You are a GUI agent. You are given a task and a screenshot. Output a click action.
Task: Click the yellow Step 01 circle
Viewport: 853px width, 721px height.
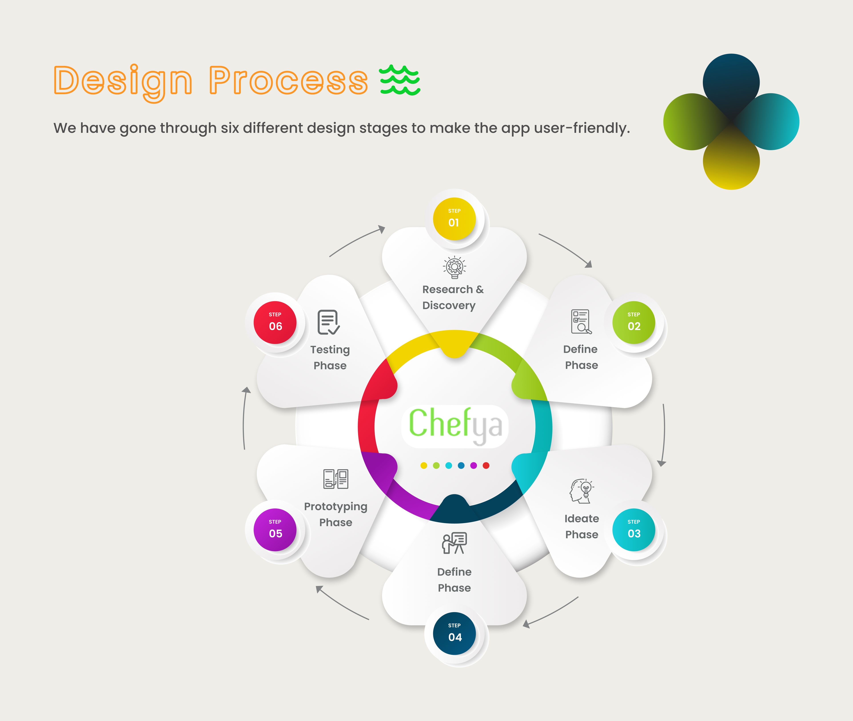click(x=454, y=219)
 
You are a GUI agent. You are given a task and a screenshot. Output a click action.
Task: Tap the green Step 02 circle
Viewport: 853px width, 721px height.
click(x=634, y=323)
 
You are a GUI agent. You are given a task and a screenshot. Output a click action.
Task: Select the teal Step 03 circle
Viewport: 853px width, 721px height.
click(x=634, y=530)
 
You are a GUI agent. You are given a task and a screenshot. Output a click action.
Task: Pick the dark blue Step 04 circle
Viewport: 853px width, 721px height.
click(x=454, y=633)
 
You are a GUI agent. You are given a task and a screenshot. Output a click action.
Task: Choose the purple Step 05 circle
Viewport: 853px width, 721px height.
click(x=275, y=530)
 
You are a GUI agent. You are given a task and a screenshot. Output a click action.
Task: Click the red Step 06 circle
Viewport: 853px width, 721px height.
click(x=275, y=323)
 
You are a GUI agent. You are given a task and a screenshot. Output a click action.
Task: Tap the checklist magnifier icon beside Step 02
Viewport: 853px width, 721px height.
click(x=581, y=322)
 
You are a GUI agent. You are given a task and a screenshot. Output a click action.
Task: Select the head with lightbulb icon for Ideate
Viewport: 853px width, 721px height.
click(x=582, y=491)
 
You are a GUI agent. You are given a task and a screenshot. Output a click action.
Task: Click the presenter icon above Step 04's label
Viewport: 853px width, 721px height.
click(x=454, y=543)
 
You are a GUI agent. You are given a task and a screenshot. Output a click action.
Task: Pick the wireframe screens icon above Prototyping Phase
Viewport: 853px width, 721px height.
click(x=336, y=479)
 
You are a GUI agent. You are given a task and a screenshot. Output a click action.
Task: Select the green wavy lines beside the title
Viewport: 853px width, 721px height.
click(x=400, y=80)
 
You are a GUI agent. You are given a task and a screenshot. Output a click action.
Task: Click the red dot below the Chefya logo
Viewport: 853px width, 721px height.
click(x=486, y=466)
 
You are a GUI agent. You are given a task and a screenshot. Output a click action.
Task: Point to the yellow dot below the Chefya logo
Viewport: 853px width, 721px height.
click(x=424, y=466)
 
